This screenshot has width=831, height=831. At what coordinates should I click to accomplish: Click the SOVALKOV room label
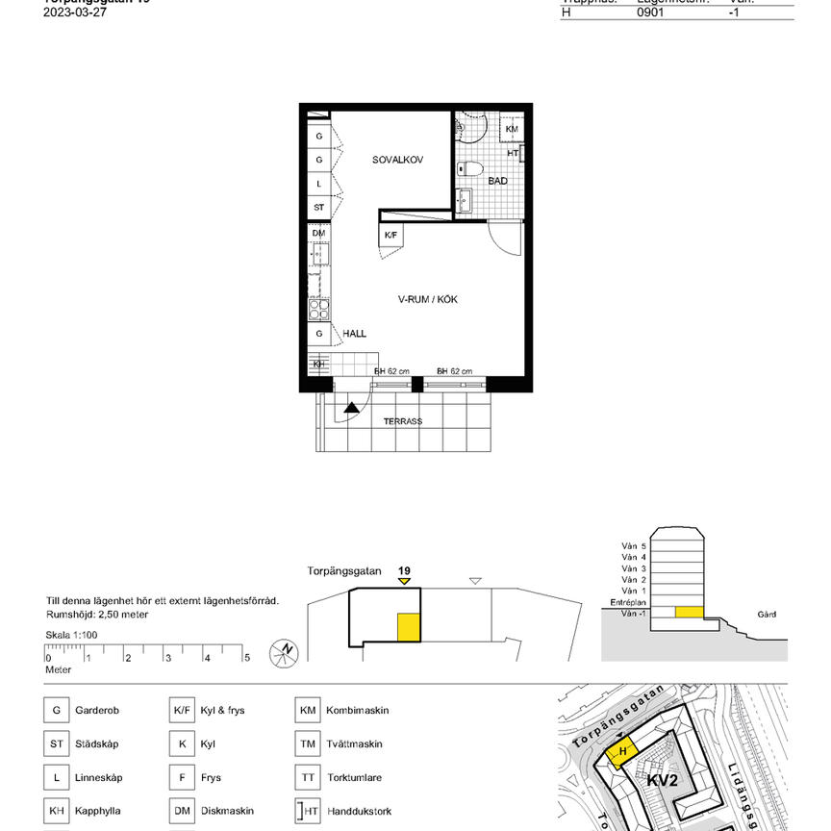point(398,160)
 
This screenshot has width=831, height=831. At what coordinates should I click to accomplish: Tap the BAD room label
point(497,181)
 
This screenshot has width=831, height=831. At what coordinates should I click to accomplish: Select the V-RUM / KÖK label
point(428,299)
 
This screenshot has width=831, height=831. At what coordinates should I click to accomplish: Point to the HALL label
point(355,334)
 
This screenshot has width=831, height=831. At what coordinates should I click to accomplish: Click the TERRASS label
point(403,421)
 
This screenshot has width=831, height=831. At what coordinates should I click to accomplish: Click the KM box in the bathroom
point(512,129)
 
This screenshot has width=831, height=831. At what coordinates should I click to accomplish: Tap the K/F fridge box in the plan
point(390,235)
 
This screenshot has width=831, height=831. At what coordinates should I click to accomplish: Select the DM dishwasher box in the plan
point(318,233)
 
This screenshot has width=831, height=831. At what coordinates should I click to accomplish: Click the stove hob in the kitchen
point(318,309)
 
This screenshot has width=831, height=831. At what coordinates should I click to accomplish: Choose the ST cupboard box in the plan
point(318,207)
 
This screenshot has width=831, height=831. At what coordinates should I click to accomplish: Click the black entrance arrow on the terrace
point(352,408)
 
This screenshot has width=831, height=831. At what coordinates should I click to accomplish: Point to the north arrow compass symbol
point(284,651)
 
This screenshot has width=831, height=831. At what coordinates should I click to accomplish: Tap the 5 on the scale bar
point(246,658)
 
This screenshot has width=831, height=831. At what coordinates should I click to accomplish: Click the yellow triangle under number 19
point(404,581)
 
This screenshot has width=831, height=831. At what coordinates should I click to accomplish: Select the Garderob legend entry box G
point(56,711)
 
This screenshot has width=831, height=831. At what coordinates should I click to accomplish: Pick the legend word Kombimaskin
point(358,711)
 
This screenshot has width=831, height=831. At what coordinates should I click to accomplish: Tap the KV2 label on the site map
point(663,780)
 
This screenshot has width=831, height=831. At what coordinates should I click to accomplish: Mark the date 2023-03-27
point(75,13)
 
